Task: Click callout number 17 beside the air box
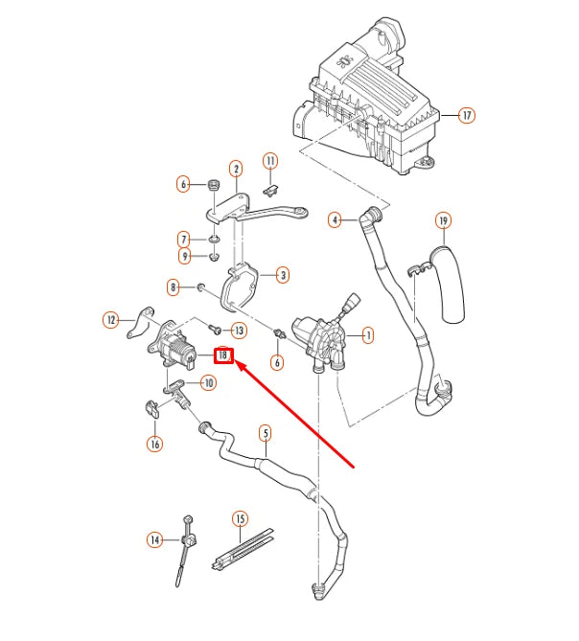pyautogui.click(x=466, y=116)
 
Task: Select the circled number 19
pyautogui.click(x=442, y=220)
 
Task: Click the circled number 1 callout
pyautogui.click(x=368, y=335)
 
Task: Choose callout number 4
pyautogui.click(x=335, y=220)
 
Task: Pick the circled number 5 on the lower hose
pyautogui.click(x=266, y=433)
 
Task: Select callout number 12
pyautogui.click(x=111, y=319)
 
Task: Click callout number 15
pyautogui.click(x=240, y=519)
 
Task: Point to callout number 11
pyautogui.click(x=270, y=160)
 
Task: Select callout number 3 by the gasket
pyautogui.click(x=283, y=276)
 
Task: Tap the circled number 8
pyautogui.click(x=174, y=286)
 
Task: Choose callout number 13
pyautogui.click(x=239, y=331)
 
